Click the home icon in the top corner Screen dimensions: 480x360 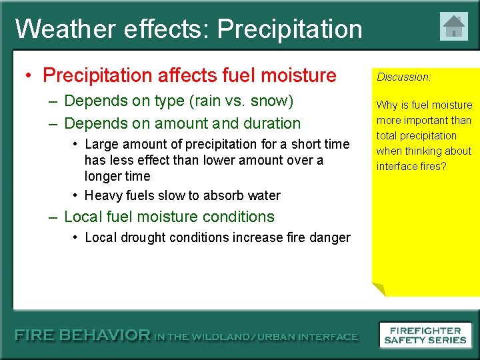[x=454, y=26]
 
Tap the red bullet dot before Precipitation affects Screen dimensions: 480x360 [x=29, y=75]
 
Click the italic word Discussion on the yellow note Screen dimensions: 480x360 [x=403, y=77]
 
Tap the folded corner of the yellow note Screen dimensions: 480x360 [x=379, y=289]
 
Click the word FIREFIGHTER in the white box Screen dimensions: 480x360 [x=425, y=331]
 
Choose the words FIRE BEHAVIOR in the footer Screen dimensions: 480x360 [x=83, y=335]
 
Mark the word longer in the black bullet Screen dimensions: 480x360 [x=99, y=177]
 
